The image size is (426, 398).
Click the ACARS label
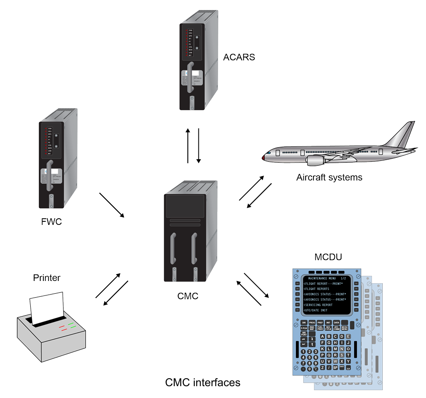239,57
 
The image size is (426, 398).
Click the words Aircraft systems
329,178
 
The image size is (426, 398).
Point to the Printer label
46,278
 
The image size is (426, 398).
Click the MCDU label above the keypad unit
328,256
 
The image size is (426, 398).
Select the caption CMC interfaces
203,383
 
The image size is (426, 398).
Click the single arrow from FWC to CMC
112,205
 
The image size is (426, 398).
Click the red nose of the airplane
264,156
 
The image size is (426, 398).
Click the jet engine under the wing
316,160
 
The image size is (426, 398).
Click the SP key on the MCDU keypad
335,368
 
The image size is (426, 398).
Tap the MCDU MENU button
345,328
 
